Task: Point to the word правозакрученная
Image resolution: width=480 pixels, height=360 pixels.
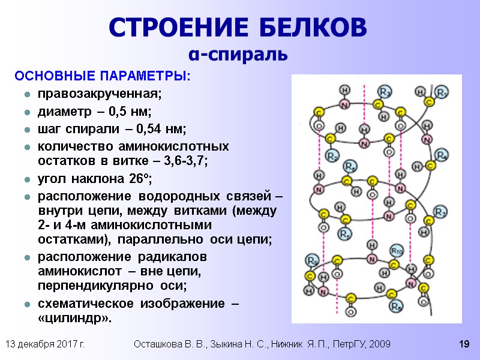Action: coord(100,95)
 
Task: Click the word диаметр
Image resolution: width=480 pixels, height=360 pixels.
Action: coord(62,112)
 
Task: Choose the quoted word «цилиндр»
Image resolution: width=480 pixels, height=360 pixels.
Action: coord(74,318)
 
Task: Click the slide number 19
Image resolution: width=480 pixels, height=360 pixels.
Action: coord(463,344)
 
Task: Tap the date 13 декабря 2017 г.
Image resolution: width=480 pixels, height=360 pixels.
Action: coord(44,344)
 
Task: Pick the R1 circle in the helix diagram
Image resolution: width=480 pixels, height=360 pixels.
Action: coord(441,92)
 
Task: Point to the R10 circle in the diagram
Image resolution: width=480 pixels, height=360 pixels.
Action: coord(397,250)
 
